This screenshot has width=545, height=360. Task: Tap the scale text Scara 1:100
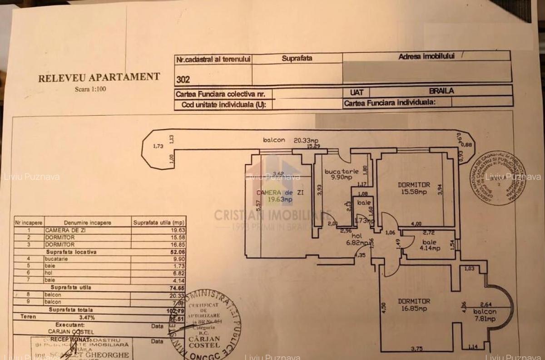point(90,89)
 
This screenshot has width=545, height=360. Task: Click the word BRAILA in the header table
point(441,91)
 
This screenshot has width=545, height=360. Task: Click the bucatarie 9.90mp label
point(341,174)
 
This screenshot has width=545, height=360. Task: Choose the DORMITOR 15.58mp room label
point(413,188)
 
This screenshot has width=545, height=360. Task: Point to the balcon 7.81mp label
point(485,316)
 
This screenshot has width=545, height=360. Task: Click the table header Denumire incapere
point(87,223)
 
